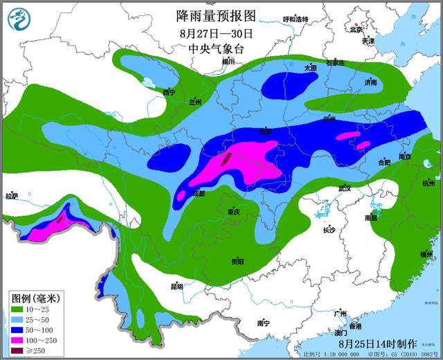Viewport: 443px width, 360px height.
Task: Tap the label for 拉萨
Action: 11,197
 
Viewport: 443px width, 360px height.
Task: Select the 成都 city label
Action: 199,194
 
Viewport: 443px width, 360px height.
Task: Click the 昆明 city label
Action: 177,286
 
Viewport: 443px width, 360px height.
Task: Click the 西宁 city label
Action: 169,92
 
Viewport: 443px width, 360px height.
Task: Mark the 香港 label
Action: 355,325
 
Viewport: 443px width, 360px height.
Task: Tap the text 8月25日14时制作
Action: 378,343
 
